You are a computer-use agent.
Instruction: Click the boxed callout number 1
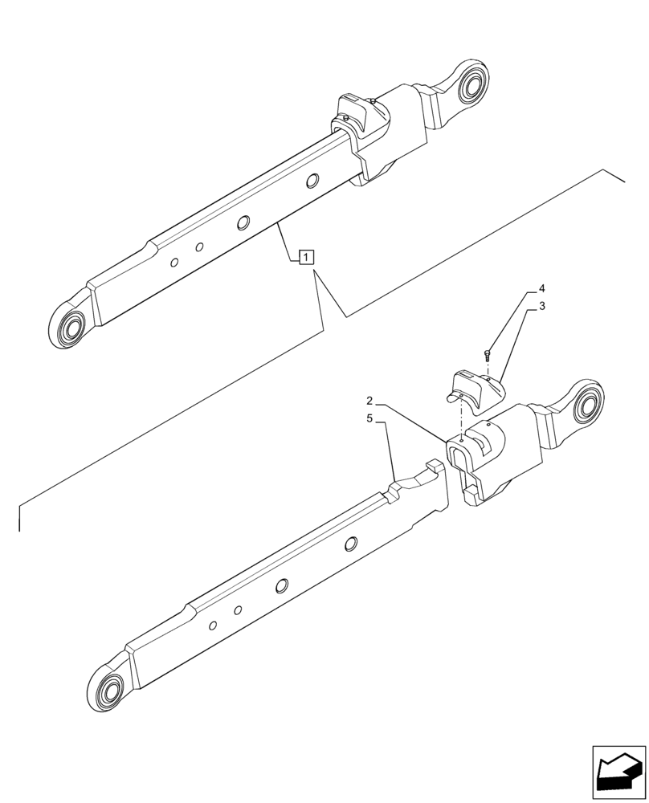click(306, 257)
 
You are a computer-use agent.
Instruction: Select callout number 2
click(369, 400)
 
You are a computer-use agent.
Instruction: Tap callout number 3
click(542, 306)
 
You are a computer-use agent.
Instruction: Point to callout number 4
click(542, 287)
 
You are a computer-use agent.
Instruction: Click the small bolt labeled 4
click(488, 353)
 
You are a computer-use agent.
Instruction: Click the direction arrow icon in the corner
click(619, 772)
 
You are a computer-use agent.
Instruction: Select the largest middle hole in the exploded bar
click(282, 586)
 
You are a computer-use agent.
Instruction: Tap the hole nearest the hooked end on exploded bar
click(350, 544)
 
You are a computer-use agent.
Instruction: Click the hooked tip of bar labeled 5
click(434, 466)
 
